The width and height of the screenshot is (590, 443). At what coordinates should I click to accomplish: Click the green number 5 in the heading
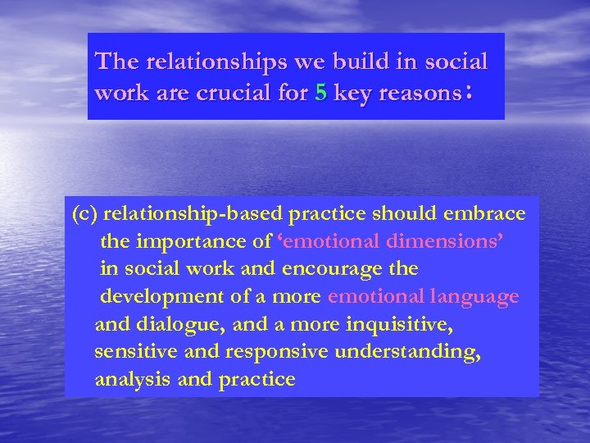pyautogui.click(x=320, y=94)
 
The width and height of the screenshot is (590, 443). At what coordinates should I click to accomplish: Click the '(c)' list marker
pyautogui.click(x=85, y=214)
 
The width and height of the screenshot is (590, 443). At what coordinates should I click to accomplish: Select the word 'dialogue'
pyautogui.click(x=182, y=324)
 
